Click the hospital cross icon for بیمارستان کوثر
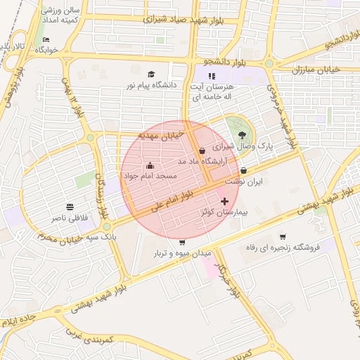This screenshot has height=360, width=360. point(224,202)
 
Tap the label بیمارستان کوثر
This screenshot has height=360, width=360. point(224,211)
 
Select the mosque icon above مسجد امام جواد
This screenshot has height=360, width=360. point(150,165)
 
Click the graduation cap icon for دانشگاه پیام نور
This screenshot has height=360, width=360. point(150,75)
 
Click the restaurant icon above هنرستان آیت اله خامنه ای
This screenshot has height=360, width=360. point(212,76)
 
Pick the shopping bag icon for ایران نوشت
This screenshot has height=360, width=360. point(243,170)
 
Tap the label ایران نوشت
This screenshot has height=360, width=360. point(249,181)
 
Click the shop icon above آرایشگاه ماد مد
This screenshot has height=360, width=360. point(202,150)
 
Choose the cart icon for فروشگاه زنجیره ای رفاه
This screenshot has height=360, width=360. point(283,237)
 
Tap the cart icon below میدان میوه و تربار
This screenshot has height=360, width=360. point(182,262)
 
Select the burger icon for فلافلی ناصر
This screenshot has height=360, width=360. point(70,207)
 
